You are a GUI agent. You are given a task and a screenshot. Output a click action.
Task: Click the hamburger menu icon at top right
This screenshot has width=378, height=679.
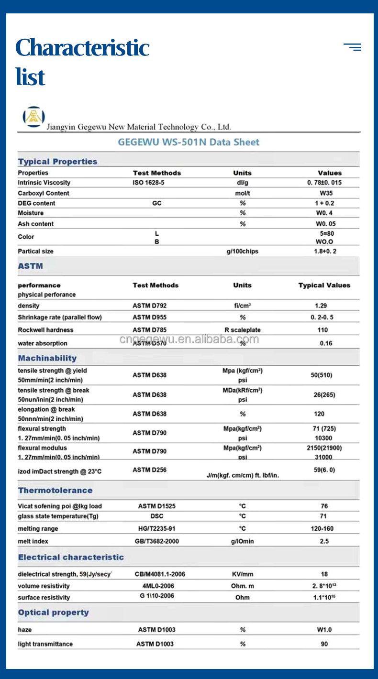[x=353, y=47]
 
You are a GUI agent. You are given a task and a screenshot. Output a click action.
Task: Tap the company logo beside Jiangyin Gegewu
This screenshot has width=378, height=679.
[x=33, y=117]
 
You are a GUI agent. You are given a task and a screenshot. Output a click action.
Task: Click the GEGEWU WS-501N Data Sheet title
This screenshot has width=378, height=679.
[x=189, y=142]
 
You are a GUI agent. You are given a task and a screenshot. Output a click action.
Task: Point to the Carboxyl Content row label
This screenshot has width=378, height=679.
[x=44, y=193]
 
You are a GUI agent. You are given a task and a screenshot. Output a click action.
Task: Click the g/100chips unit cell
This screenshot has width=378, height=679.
[x=242, y=252]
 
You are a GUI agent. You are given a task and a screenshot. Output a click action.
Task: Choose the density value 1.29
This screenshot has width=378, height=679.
[x=321, y=306]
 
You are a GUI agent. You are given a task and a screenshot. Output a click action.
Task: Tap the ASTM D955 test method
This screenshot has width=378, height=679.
[x=150, y=317]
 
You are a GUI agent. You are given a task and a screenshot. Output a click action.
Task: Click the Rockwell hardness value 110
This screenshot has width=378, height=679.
[x=322, y=330]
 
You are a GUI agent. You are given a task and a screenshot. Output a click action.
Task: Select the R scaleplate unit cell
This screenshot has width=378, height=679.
[x=243, y=330]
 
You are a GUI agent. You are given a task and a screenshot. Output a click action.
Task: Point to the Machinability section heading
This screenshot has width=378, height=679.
[x=47, y=358]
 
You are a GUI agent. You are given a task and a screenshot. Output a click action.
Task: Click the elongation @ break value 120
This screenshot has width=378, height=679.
[x=319, y=414]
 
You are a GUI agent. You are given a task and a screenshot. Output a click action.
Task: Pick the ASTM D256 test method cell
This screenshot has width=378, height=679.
[x=150, y=470]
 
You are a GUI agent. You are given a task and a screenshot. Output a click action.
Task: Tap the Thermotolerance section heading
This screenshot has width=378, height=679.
[x=55, y=490]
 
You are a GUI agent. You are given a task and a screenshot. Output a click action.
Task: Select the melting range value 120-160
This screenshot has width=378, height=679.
[x=322, y=529]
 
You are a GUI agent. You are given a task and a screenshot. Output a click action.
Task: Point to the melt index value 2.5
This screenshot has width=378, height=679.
[x=324, y=541]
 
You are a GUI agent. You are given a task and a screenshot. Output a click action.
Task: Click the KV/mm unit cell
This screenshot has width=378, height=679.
[x=242, y=574]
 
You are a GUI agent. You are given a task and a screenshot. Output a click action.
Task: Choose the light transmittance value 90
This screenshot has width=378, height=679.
[x=324, y=644]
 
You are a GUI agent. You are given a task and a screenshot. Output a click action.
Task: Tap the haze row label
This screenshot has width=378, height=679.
[x=25, y=630]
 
